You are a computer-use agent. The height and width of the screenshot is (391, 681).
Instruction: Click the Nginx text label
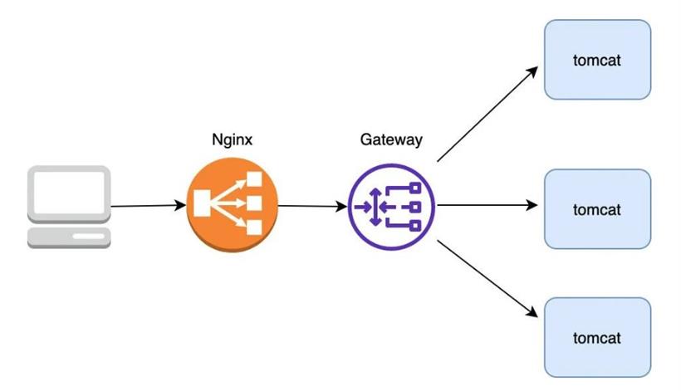coord(232,139)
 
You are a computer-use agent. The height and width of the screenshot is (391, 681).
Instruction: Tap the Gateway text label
coord(391,139)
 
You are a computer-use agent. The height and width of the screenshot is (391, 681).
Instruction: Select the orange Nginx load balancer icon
coord(232,206)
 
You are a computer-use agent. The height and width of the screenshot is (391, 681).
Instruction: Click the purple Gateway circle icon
coord(391,206)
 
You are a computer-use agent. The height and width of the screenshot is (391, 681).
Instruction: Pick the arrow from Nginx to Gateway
coord(312,206)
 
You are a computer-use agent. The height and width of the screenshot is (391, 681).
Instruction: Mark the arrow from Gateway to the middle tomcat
coord(487,205)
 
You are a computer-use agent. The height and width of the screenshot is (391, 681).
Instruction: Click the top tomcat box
coord(597,61)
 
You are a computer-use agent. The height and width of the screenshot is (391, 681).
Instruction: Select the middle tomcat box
coord(597,209)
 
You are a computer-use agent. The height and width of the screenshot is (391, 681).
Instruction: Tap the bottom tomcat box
coord(597,337)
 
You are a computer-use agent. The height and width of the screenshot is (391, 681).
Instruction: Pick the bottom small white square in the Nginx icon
coord(254,227)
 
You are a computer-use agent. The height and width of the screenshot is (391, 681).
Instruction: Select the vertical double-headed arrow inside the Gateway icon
coord(375,207)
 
